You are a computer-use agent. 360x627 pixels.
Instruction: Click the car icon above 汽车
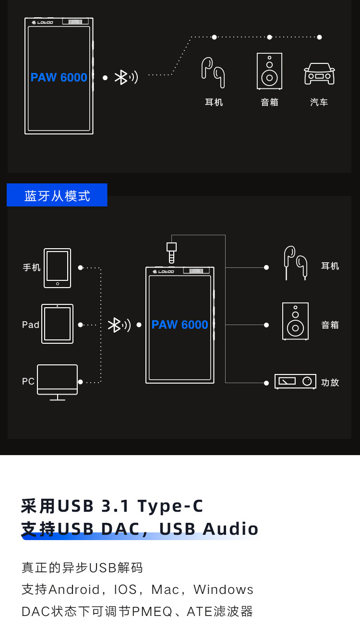(x=319, y=73)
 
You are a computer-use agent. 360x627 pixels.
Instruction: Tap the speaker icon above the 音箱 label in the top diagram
(x=269, y=71)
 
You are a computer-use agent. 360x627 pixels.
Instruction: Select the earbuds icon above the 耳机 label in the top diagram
(x=213, y=72)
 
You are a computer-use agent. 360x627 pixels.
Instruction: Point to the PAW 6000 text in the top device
(x=59, y=77)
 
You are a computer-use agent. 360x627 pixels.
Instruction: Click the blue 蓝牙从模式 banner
(x=57, y=195)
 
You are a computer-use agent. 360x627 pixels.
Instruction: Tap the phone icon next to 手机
(x=58, y=268)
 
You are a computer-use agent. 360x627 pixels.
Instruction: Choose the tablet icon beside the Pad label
(x=58, y=324)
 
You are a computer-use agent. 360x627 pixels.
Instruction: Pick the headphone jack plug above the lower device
(x=171, y=252)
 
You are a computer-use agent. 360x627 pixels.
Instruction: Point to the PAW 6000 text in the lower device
(x=180, y=325)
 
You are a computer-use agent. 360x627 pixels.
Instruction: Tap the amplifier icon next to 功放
(x=295, y=381)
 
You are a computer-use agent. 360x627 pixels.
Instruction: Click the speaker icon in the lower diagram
(x=295, y=321)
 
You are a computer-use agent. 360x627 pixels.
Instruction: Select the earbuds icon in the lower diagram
(x=295, y=262)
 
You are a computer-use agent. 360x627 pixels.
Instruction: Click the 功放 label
(x=330, y=383)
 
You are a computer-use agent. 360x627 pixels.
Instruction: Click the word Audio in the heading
(x=231, y=529)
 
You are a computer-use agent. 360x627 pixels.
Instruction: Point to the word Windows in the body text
(x=223, y=589)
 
